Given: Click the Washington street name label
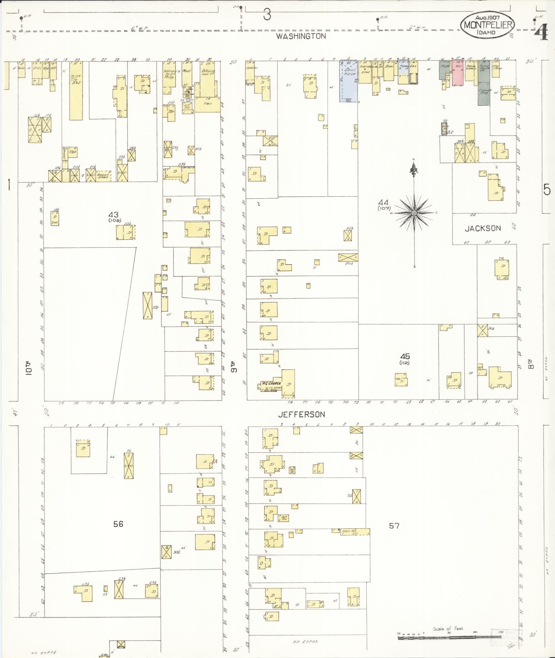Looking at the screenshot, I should [x=301, y=36].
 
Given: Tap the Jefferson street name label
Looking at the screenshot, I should [x=301, y=414].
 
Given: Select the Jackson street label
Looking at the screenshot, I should [x=483, y=228].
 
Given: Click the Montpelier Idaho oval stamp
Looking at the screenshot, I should [x=488, y=25].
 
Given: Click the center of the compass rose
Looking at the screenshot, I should [x=414, y=213].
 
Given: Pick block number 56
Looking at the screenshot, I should [x=118, y=524].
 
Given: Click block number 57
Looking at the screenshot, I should [x=394, y=526].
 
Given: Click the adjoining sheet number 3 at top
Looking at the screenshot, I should [x=267, y=14].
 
